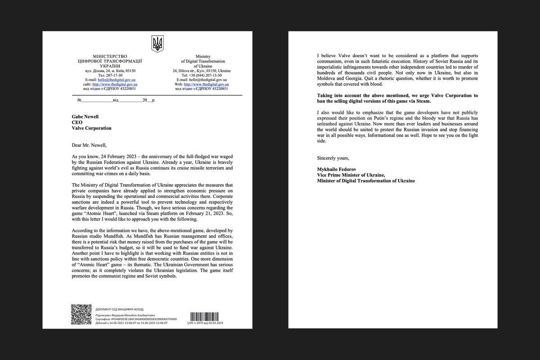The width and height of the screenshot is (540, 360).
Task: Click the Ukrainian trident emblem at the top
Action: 157,44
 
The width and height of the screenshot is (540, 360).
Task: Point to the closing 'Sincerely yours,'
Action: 333,158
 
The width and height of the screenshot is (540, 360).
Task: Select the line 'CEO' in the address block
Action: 65,122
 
